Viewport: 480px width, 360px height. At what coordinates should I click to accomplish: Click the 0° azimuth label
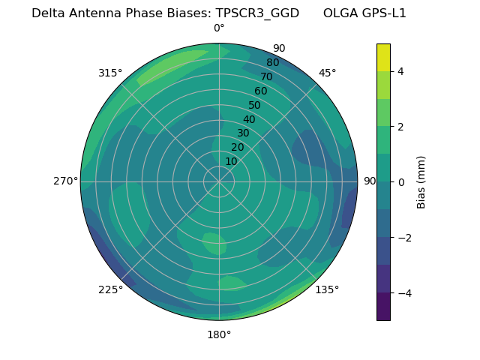[x=219, y=28]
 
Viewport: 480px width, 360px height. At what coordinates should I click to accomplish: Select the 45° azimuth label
[x=327, y=73]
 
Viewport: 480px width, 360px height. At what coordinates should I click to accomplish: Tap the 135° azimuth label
[x=327, y=289]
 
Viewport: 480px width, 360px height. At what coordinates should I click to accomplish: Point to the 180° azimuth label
[x=219, y=334]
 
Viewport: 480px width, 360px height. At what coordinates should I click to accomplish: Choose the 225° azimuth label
[x=110, y=289]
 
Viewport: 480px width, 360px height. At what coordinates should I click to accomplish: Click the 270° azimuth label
[x=66, y=181]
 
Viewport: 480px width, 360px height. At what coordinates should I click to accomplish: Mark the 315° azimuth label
[x=110, y=73]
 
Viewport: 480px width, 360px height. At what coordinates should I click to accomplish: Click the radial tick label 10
[x=231, y=161]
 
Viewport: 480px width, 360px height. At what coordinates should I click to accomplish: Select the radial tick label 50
[x=255, y=105]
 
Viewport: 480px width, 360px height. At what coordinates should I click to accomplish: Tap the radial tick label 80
[x=272, y=63]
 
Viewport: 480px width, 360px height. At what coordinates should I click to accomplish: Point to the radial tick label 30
[x=243, y=133]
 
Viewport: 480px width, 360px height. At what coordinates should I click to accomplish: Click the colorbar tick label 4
[x=400, y=71]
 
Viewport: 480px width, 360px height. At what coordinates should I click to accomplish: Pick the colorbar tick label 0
[x=400, y=181]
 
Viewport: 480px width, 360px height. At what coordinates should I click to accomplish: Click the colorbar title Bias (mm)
[x=421, y=181]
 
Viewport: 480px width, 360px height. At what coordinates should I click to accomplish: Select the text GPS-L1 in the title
[x=382, y=13]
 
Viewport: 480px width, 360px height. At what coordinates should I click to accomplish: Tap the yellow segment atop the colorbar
[x=383, y=57]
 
